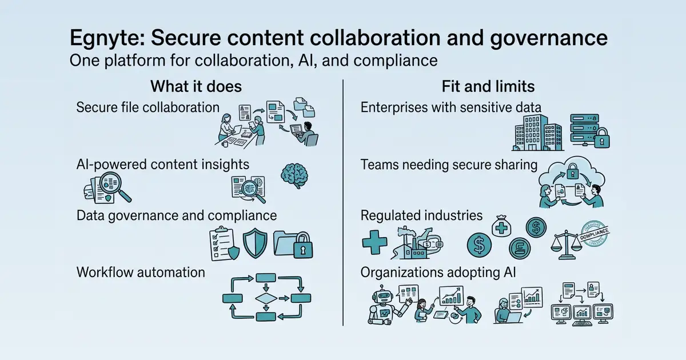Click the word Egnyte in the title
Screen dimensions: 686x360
point(107,38)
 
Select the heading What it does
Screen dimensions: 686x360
point(196,86)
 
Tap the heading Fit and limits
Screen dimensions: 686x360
point(488,86)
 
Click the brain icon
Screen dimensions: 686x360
point(294,175)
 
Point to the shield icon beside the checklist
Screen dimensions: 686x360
point(255,243)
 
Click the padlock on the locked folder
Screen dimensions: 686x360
point(303,245)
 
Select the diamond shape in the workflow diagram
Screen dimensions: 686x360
point(266,298)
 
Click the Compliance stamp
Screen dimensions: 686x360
point(594,234)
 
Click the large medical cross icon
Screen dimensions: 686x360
point(374,242)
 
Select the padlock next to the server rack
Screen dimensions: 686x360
point(602,138)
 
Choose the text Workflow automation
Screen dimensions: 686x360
point(141,272)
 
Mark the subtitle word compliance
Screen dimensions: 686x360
point(396,61)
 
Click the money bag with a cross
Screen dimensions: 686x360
point(501,226)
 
